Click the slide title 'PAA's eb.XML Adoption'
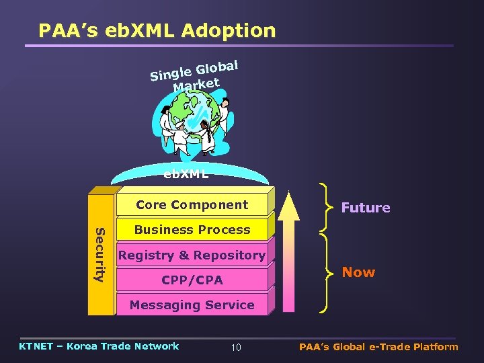coord(157,31)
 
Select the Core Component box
coord(192,204)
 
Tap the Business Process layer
coord(192,229)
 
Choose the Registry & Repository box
coord(192,255)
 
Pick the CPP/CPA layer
coord(192,280)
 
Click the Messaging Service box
coord(192,305)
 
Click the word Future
coord(365,208)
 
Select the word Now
coord(358,272)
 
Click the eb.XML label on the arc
coord(186,174)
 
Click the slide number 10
coord(236,348)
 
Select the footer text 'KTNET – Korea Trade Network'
coord(99,346)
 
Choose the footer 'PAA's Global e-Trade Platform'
coord(378,347)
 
